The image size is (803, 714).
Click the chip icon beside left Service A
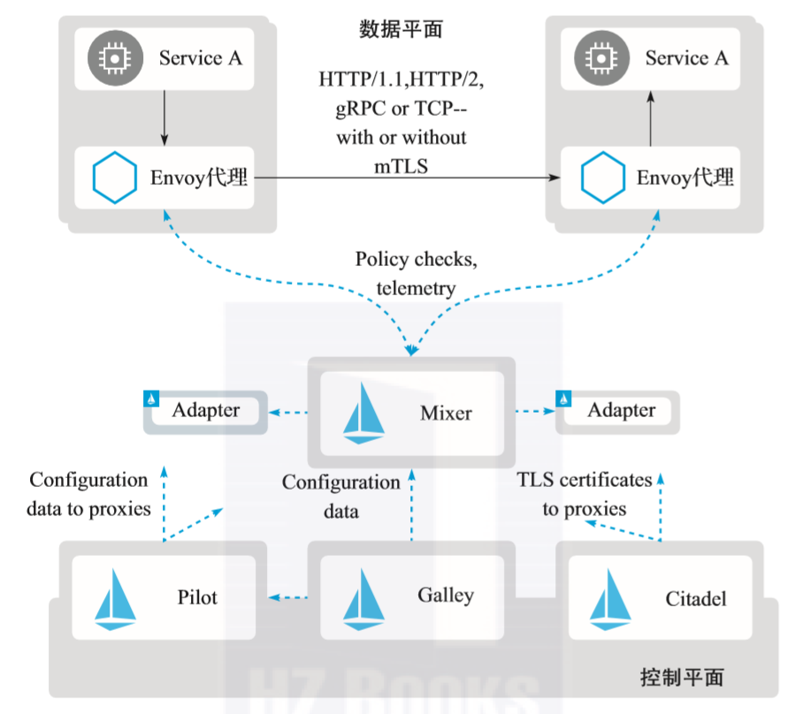112,58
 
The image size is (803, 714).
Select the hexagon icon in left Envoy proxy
115,178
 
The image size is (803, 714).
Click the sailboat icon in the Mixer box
363,413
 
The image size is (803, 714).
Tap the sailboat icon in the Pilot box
116,598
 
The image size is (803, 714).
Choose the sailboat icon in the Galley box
362,598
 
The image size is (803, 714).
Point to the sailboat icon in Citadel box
609,598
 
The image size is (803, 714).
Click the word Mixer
446,413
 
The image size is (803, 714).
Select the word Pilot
197,597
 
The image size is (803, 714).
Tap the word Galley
445,596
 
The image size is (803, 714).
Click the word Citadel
696,599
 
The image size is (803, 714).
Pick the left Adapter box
205,411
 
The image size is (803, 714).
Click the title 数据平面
401,30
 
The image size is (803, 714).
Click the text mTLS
401,164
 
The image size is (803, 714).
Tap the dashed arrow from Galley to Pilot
288,598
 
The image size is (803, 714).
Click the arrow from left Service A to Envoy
164,116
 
